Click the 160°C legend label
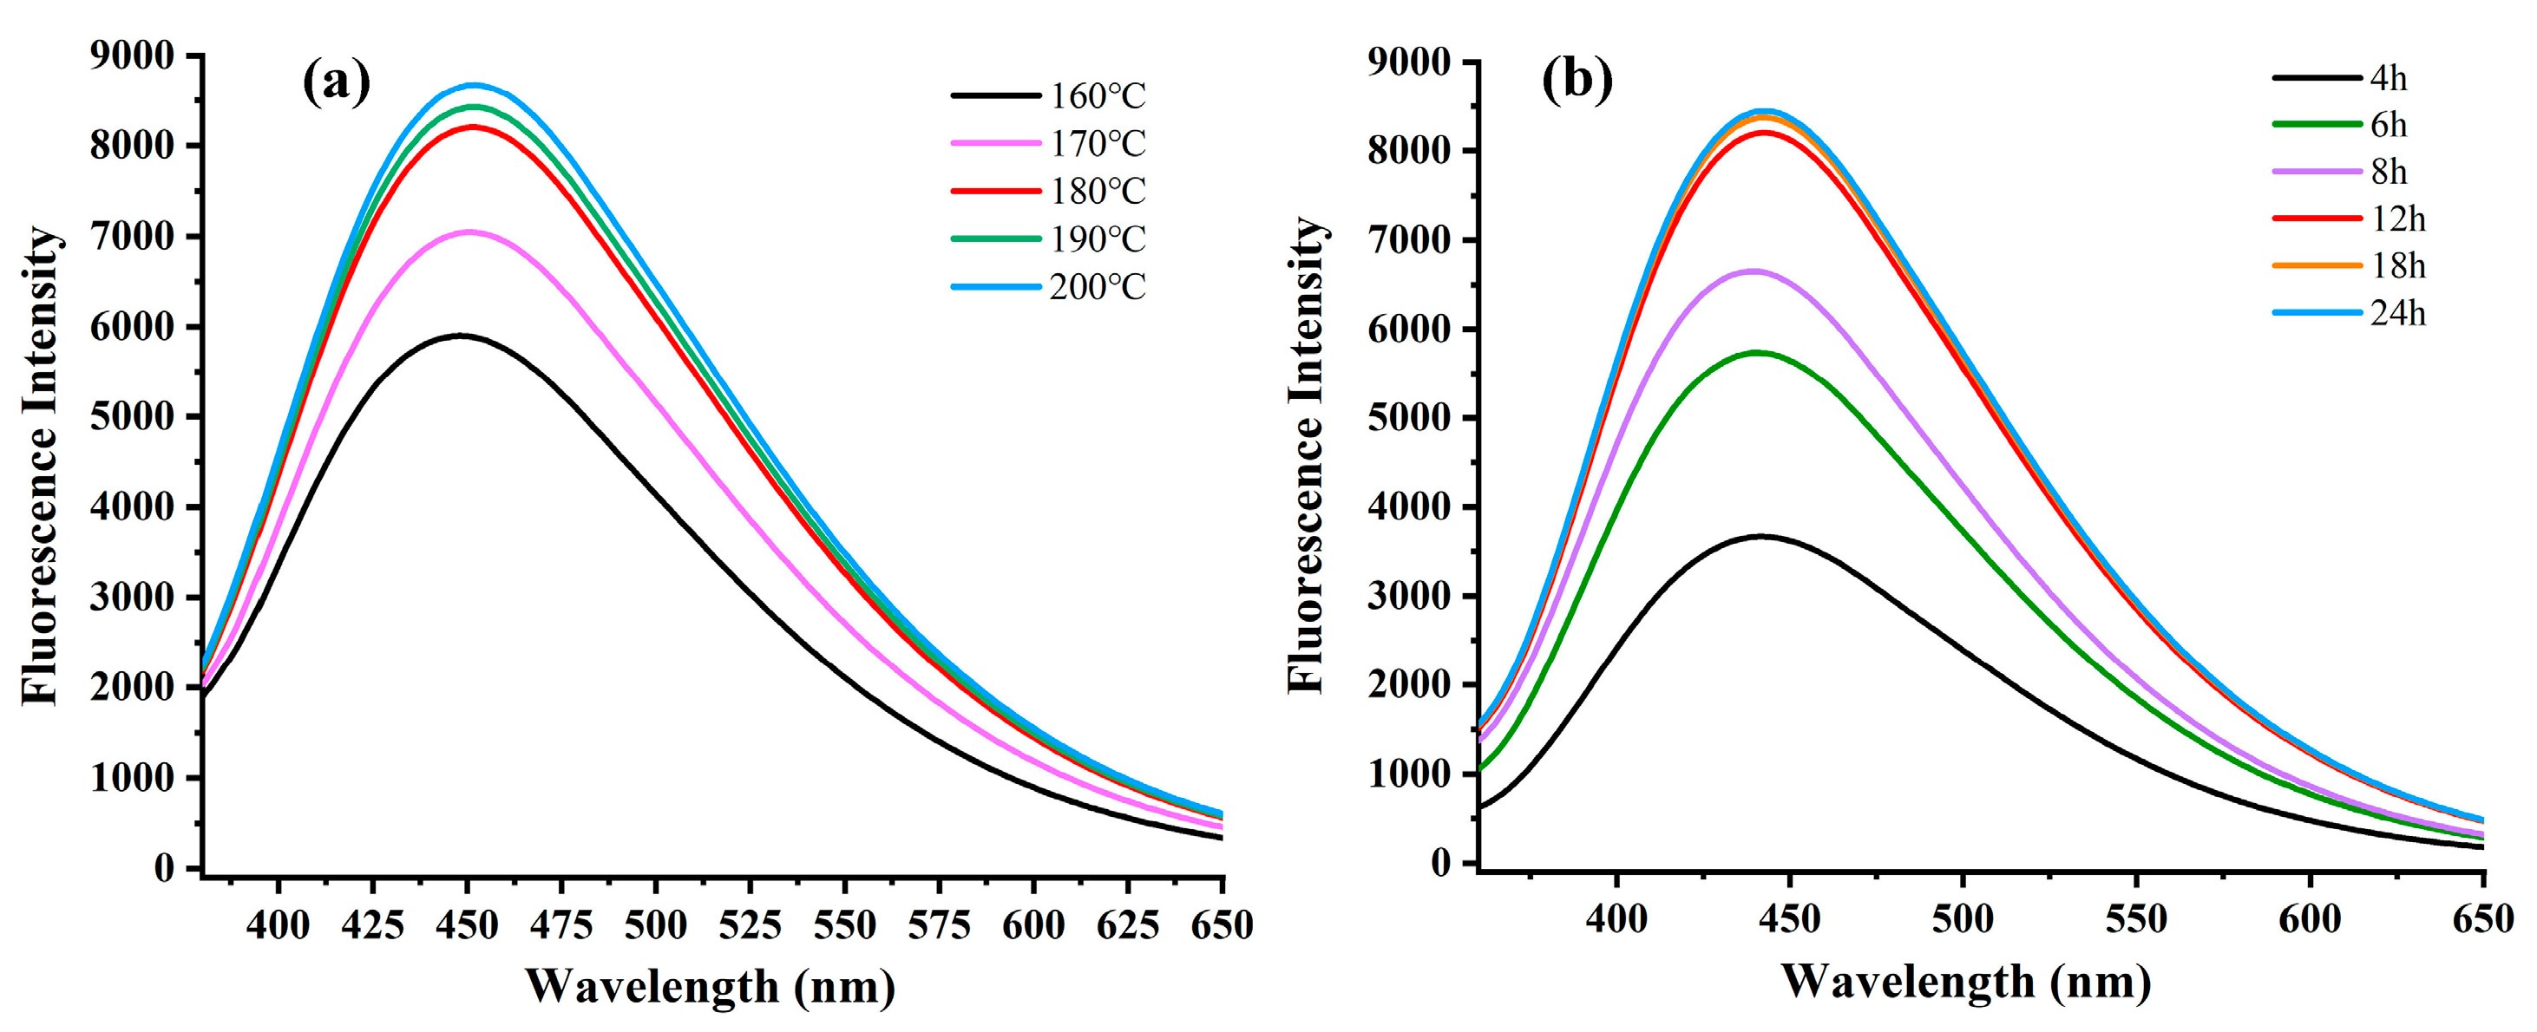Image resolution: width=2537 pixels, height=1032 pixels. click(x=1097, y=96)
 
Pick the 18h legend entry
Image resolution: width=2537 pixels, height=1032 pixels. click(x=2397, y=266)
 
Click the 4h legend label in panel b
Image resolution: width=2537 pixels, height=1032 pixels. click(x=2389, y=78)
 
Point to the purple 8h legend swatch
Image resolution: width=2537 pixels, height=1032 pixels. click(x=2317, y=173)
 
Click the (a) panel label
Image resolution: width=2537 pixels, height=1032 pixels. click(x=336, y=82)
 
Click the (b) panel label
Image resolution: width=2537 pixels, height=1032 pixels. click(x=1577, y=79)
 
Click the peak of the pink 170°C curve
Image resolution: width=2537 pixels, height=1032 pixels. click(x=469, y=232)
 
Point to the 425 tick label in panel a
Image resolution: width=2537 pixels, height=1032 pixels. click(x=373, y=924)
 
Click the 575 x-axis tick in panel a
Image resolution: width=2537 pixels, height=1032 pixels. click(x=940, y=924)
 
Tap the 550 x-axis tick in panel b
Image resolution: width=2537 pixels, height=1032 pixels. click(x=2136, y=918)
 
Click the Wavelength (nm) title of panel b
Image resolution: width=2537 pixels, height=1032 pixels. click(x=1965, y=982)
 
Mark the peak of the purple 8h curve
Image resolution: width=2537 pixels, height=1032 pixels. click(x=1754, y=271)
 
